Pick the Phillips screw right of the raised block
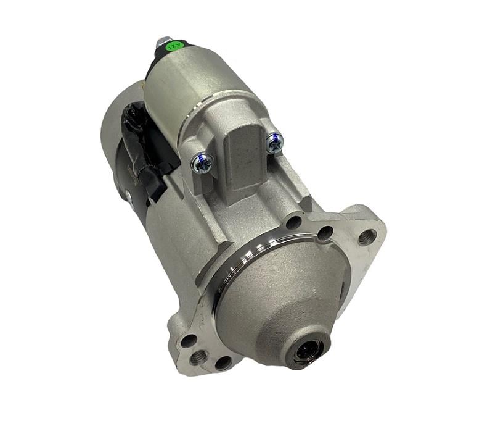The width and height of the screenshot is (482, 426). coord(274,143)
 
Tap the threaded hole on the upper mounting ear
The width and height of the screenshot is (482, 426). coord(368,235)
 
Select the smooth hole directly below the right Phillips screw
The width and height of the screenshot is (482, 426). coord(294,222)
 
